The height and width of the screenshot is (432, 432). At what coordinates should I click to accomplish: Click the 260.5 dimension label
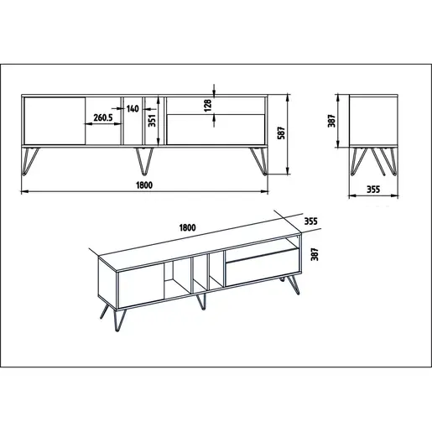click(x=103, y=117)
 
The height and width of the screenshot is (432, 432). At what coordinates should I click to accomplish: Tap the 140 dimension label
click(x=133, y=108)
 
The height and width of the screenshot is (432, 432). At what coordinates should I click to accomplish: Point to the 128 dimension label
click(x=208, y=105)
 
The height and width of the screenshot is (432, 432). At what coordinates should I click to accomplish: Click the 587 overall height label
click(x=281, y=133)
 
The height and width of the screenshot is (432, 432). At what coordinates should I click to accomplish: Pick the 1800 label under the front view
click(x=144, y=185)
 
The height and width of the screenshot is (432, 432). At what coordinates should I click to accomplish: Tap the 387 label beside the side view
click(x=331, y=121)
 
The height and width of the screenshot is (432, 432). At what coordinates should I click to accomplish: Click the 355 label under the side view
click(x=373, y=190)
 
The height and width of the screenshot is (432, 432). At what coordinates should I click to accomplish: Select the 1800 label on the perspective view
click(x=187, y=227)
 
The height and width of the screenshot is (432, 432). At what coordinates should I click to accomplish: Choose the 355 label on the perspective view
click(x=311, y=221)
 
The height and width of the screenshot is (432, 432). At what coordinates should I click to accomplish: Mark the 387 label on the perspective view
click(x=315, y=254)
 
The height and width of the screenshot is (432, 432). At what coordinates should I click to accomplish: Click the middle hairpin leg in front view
click(x=144, y=161)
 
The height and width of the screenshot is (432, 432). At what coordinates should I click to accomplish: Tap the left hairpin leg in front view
click(x=30, y=161)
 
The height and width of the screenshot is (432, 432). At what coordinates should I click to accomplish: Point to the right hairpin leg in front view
click(x=259, y=161)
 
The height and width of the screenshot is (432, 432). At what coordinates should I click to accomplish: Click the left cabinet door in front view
click(x=55, y=121)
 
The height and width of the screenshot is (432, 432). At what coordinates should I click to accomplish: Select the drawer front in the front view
click(x=216, y=129)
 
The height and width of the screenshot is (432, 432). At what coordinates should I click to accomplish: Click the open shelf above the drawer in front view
click(x=216, y=106)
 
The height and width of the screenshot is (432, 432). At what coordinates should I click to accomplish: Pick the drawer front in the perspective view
click(x=263, y=267)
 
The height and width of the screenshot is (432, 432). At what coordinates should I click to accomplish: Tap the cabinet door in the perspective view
click(x=141, y=286)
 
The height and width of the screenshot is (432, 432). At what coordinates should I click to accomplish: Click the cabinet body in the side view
click(x=373, y=121)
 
